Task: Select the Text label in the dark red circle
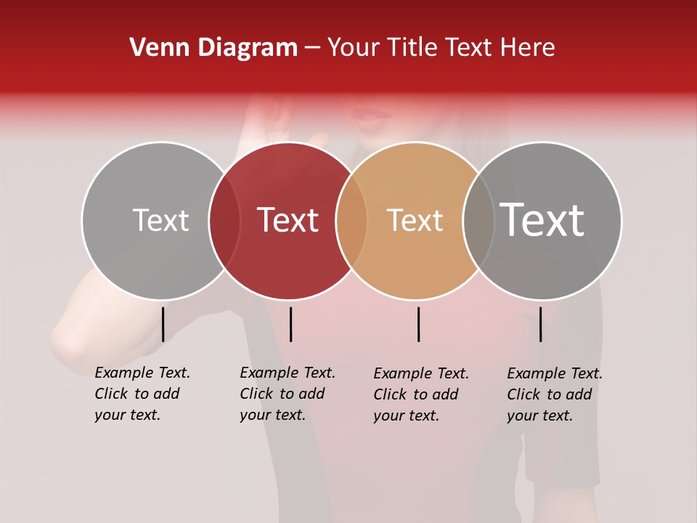(x=288, y=220)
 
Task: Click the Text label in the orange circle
(x=415, y=220)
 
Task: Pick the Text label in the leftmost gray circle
(x=160, y=220)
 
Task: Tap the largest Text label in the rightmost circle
(x=542, y=219)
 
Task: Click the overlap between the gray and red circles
(x=224, y=220)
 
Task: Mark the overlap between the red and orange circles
(x=351, y=220)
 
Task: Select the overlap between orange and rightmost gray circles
(x=478, y=220)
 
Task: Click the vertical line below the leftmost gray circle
(x=163, y=324)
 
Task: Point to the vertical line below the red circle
(x=290, y=324)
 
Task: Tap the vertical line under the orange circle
(x=418, y=324)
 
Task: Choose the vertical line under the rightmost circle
(x=540, y=324)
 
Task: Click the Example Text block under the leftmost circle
(x=142, y=394)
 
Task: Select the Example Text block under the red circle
(x=287, y=394)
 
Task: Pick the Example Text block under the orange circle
(x=420, y=394)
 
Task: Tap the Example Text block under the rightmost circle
(x=554, y=394)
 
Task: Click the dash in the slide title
(x=312, y=49)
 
